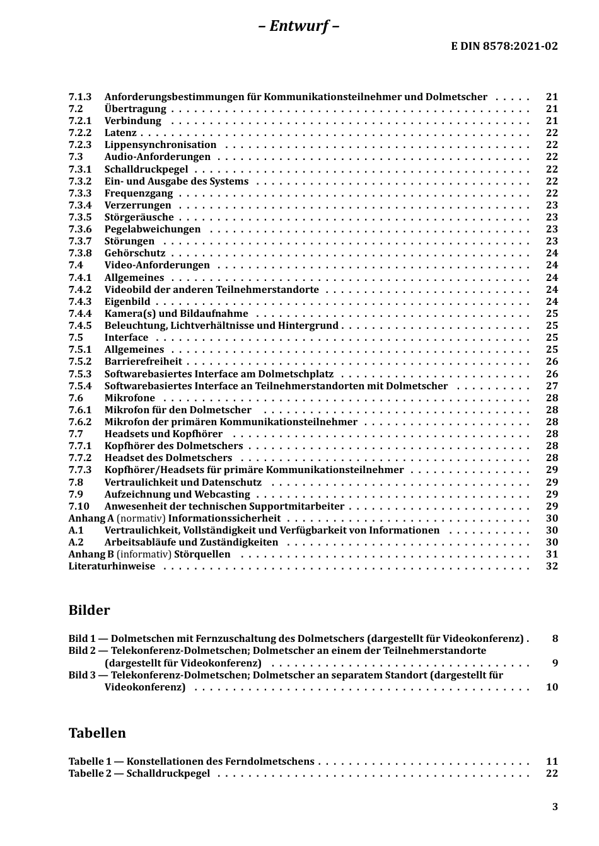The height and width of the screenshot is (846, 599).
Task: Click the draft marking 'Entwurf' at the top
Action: click(x=299, y=26)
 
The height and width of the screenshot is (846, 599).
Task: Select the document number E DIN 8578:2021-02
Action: click(x=504, y=46)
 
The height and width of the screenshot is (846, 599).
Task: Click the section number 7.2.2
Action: click(x=80, y=133)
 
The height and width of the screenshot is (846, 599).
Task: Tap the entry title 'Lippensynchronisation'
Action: click(x=151, y=145)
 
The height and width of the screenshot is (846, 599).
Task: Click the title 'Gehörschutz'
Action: click(x=135, y=253)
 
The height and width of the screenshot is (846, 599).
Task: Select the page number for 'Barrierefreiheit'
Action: click(x=552, y=362)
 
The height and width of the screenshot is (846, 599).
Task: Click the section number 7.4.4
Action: click(x=80, y=314)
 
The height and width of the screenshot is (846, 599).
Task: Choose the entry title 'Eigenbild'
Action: click(x=127, y=302)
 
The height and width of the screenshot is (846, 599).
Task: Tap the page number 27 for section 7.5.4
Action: click(x=552, y=386)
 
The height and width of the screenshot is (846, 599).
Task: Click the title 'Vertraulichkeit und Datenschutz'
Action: click(x=183, y=483)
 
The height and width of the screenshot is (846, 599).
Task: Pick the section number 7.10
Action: click(x=79, y=506)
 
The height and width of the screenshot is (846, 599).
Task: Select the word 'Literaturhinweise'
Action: click(x=112, y=566)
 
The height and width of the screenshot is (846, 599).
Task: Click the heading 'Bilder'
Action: click(x=89, y=610)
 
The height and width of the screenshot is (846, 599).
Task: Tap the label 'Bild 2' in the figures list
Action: click(x=83, y=651)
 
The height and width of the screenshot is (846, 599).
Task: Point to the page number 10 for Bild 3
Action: click(x=552, y=687)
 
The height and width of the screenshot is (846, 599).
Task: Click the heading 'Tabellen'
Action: click(x=97, y=733)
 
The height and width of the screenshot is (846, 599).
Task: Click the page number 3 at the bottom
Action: click(x=555, y=807)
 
